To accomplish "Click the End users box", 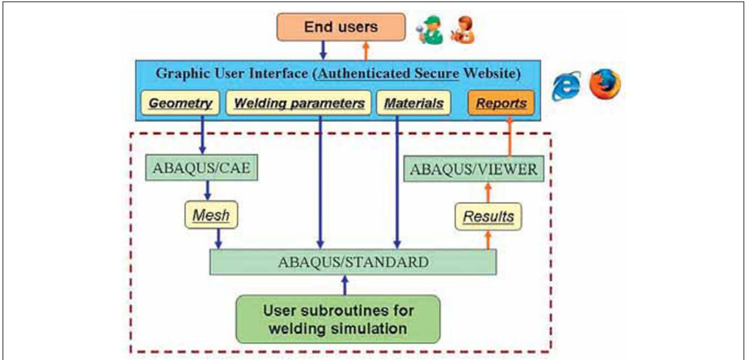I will pyautogui.click(x=341, y=27).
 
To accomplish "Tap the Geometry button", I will pyautogui.click(x=180, y=103).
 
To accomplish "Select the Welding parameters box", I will pyautogui.click(x=299, y=103).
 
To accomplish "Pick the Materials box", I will pyautogui.click(x=414, y=103).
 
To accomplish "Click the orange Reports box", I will pyautogui.click(x=501, y=103).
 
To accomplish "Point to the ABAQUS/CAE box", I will pyautogui.click(x=201, y=168).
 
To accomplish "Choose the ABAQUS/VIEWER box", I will pyautogui.click(x=473, y=169).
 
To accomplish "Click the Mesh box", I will pyautogui.click(x=211, y=215).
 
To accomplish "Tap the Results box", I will pyautogui.click(x=488, y=217).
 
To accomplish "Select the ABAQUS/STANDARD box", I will pyautogui.click(x=353, y=262).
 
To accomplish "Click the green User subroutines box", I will pyautogui.click(x=338, y=319).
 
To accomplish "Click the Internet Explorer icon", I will pyautogui.click(x=566, y=86).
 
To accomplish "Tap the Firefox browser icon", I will pyautogui.click(x=605, y=84).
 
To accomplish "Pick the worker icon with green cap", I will pyautogui.click(x=430, y=30).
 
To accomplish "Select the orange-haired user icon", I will pyautogui.click(x=463, y=30).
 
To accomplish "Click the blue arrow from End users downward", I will pyautogui.click(x=323, y=50).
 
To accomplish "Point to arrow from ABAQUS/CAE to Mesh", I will pyautogui.click(x=208, y=190).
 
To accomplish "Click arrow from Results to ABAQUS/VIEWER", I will pyautogui.click(x=488, y=192).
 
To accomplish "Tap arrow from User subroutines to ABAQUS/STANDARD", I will pyautogui.click(x=345, y=285).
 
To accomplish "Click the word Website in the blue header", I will pyautogui.click(x=491, y=73).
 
